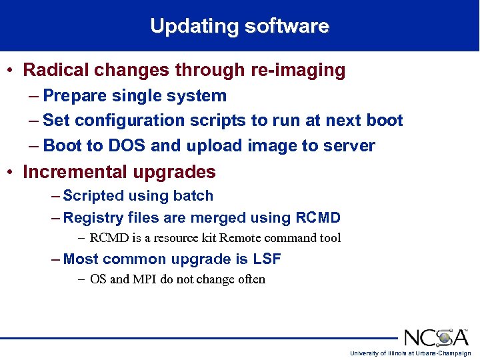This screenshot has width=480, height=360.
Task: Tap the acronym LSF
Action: pos(265,259)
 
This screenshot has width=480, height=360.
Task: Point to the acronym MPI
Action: pos(144,279)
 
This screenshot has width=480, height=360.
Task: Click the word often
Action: pos(251,279)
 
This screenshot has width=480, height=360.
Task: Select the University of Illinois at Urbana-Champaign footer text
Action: pos(410,353)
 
